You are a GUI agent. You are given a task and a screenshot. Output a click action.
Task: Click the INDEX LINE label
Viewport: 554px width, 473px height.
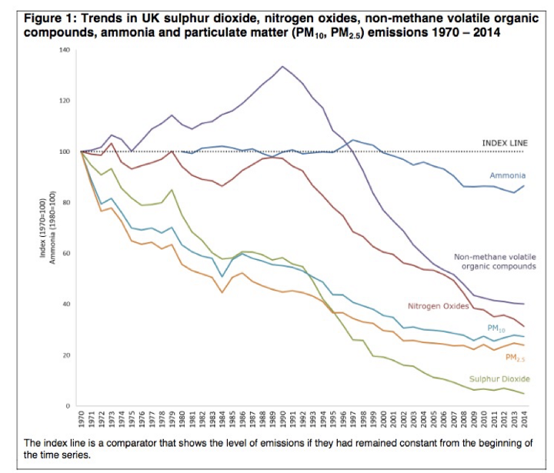click(504, 143)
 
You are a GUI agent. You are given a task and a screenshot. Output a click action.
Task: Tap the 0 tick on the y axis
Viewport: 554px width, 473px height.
click(68, 406)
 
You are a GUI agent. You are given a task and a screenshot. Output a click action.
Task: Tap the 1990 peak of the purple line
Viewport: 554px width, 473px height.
click(283, 66)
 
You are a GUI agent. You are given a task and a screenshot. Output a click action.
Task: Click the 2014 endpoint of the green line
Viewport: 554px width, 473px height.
click(525, 394)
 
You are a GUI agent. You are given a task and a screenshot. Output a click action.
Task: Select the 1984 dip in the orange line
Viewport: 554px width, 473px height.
click(222, 292)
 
